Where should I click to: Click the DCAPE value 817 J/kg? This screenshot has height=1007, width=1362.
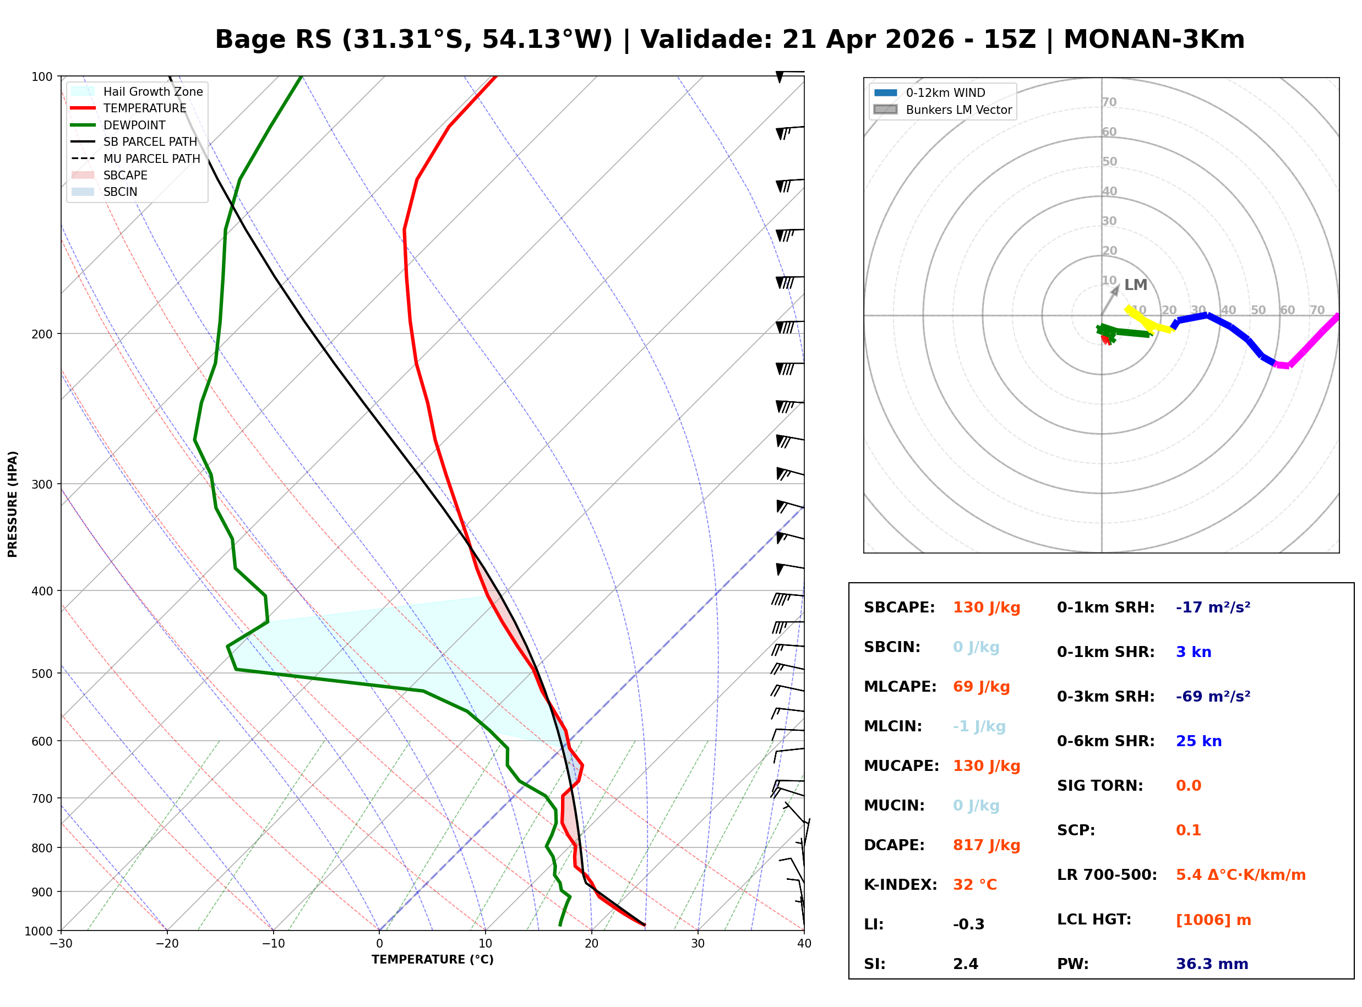coord(986,845)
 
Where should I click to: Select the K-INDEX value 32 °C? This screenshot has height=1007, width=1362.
coord(974,885)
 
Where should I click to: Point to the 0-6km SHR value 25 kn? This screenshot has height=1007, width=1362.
coord(1198,742)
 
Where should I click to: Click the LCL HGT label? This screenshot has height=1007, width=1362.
coord(1094,920)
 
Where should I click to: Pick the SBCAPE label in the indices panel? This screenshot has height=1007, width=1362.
coord(898,608)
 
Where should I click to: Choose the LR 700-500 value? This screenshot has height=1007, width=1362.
coord(1240,875)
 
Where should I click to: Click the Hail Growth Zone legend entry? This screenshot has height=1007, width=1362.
coord(152,91)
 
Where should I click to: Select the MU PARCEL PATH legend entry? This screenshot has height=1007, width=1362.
coord(151,158)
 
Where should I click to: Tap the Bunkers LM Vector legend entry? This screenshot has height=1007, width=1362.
coord(958,110)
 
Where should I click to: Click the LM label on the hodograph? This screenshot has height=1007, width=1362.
coord(1135,285)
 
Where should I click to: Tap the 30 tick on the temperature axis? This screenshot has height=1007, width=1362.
coord(698,944)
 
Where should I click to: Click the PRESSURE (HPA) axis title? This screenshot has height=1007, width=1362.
coord(13,504)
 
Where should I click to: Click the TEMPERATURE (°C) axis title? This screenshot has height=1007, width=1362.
coord(432,960)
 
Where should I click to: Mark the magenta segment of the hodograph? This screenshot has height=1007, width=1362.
coord(1311,343)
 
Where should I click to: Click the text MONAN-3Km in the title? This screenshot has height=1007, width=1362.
coord(1153,40)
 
